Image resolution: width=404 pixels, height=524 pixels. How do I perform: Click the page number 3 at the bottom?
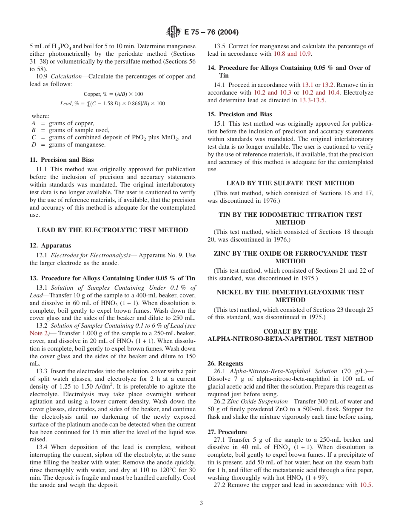[x=202, y=503]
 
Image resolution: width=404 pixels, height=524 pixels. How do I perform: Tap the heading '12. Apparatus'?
[x=50, y=246]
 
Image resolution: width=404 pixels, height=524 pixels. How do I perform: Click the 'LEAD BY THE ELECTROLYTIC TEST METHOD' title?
[x=112, y=230]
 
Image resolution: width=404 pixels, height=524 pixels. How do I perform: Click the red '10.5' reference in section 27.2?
[x=366, y=485]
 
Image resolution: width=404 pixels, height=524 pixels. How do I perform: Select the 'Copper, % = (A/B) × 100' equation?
[x=113, y=94]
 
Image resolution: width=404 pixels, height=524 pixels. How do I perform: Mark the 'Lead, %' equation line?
[x=112, y=104]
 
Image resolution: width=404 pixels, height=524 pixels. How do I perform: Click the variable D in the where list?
[x=34, y=145]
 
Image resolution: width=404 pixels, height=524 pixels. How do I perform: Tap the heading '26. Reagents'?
[x=225, y=363]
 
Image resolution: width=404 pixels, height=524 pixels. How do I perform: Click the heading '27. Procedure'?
[x=227, y=432]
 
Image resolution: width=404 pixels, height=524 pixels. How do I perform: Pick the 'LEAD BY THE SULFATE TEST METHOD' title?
[x=290, y=183]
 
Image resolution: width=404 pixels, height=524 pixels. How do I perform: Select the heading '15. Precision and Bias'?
[x=239, y=114]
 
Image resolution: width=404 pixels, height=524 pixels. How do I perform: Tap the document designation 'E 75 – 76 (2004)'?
[x=211, y=32]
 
